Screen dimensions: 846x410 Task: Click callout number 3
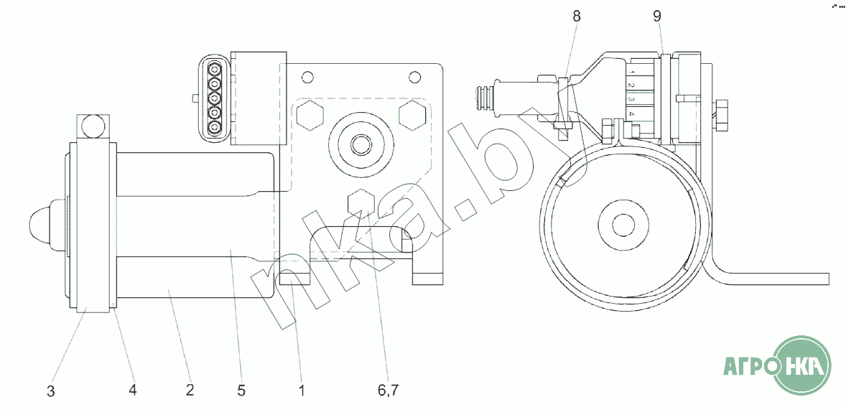[x=51, y=391]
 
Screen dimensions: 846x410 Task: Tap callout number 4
[x=133, y=390]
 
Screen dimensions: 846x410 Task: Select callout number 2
[x=190, y=390]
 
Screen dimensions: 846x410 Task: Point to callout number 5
[x=242, y=390]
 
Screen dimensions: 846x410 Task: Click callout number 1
[x=302, y=390]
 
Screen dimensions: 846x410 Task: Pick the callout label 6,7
[x=388, y=391]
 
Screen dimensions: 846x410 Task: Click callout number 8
[x=577, y=17]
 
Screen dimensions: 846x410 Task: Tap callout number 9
[x=656, y=17]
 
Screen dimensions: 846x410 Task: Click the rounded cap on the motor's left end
[x=40, y=220]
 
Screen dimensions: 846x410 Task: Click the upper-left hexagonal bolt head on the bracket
[x=310, y=115]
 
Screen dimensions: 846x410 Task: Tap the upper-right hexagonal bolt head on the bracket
[x=412, y=115]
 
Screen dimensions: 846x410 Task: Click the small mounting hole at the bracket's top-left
[x=307, y=77]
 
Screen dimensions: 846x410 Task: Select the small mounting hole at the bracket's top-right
[x=414, y=77]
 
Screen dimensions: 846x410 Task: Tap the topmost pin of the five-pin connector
[x=215, y=69]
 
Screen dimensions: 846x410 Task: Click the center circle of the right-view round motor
[x=624, y=225]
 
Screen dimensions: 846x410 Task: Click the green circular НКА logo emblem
[x=802, y=365]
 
